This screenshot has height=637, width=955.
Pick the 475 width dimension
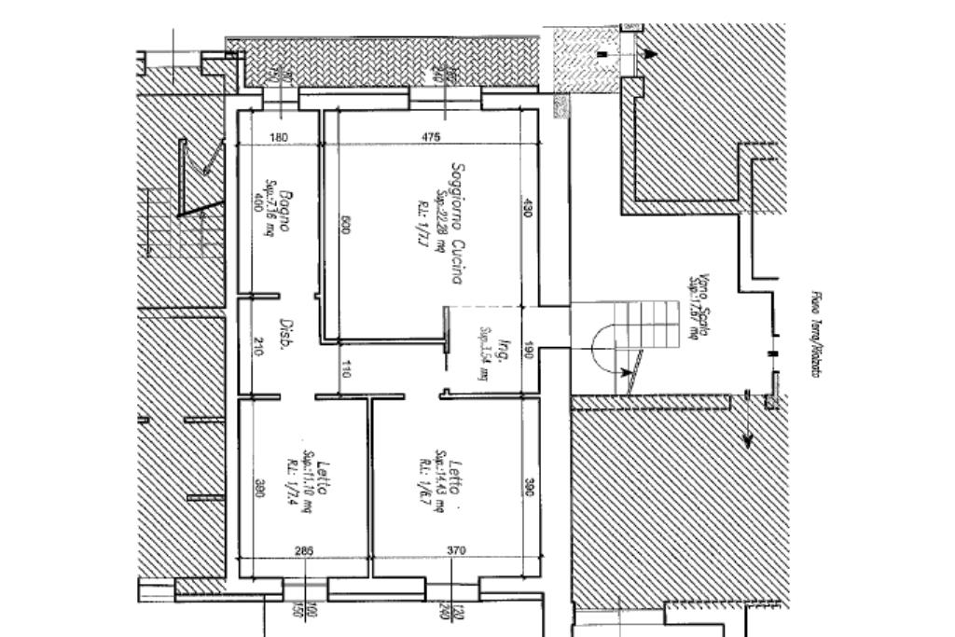[x=430, y=137]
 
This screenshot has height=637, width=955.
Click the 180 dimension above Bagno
[x=278, y=137]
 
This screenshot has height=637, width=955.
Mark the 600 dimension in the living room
[x=345, y=225]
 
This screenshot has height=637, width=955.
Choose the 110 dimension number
[x=346, y=368]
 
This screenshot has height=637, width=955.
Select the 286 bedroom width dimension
[x=304, y=551]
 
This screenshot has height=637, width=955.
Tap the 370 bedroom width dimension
[x=456, y=551]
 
